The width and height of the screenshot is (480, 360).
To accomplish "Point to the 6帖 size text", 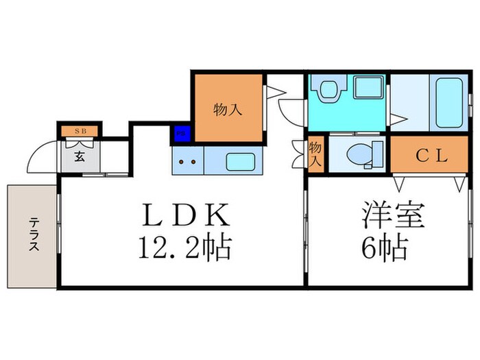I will pos(386,246).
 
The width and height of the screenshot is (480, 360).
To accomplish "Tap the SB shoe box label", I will pos(80,130).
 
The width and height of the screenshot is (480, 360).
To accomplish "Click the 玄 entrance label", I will pos(79,156).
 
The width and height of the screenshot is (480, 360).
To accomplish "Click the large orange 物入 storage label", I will pos(228,108).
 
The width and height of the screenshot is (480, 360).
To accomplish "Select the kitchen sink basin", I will pos(240,163).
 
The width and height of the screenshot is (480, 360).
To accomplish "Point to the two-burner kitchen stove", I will pos(188,163).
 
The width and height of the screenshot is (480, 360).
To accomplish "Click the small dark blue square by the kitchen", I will pos(180,134).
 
